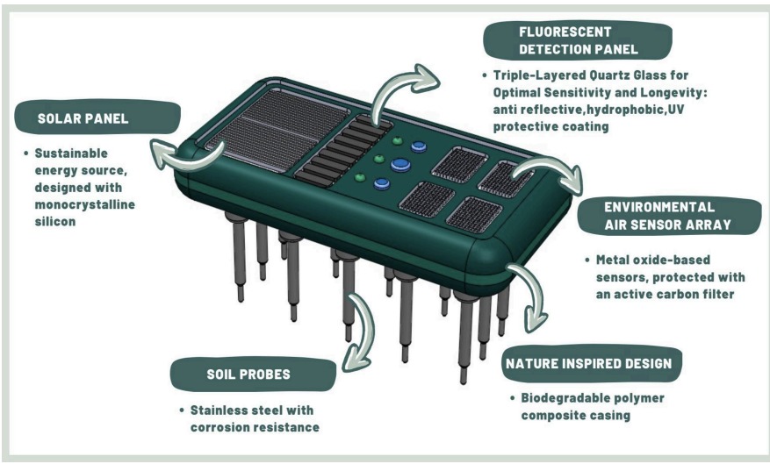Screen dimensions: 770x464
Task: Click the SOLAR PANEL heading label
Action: coord(97,118)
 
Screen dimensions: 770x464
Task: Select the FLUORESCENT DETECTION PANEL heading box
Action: coord(578,40)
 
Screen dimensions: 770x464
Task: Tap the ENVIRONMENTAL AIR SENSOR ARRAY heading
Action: coord(669,216)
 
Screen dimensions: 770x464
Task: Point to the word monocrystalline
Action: coord(84,204)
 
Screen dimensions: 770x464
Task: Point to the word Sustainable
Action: coord(71,153)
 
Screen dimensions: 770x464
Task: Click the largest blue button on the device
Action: coord(400,165)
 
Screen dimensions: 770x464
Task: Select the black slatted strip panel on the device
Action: coord(342,151)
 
